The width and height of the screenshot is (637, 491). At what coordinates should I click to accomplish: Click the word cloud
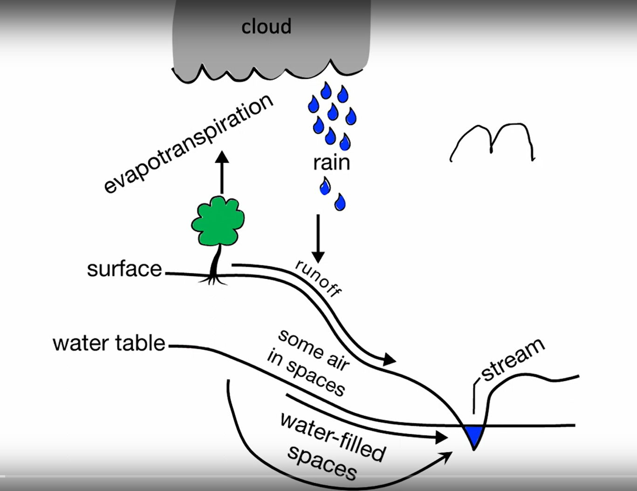tap(266, 27)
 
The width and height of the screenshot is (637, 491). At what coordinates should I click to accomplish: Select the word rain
tap(331, 163)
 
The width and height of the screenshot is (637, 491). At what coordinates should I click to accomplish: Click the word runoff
tap(318, 278)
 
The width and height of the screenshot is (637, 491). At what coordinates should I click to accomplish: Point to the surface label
tap(124, 269)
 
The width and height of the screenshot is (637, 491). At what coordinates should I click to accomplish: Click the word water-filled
tap(333, 436)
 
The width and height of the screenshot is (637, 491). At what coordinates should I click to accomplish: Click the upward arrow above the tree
tap(222, 173)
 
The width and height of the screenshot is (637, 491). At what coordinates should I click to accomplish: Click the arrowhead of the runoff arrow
tap(390, 359)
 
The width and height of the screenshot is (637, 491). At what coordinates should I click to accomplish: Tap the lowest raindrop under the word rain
tap(340, 202)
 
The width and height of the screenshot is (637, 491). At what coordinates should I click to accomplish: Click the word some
tap(294, 342)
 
